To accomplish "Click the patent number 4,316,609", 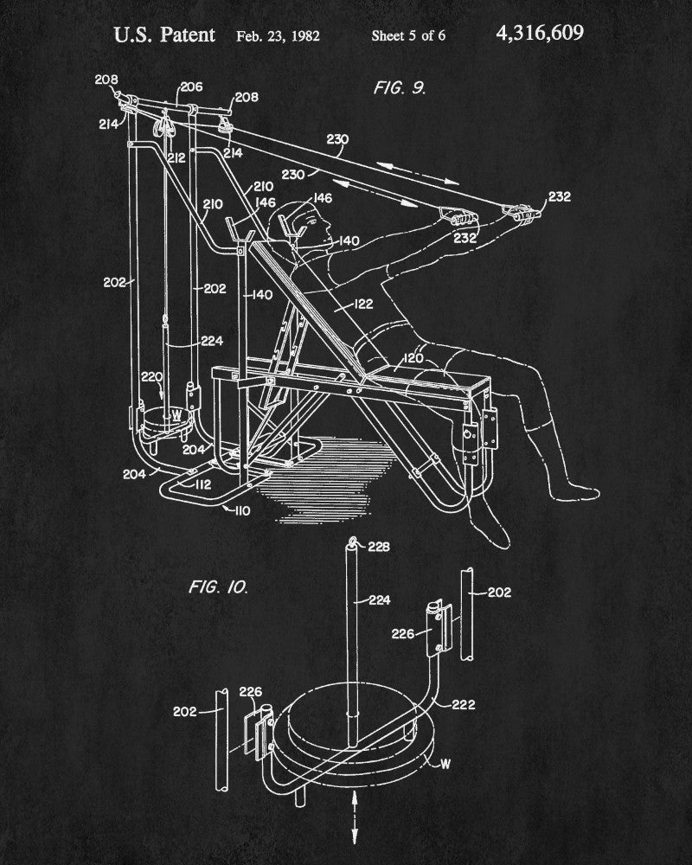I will coord(540,34).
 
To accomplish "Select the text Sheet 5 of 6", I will coord(408,36).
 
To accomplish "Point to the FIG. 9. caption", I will coord(400,87).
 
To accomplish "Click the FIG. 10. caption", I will coord(219,587).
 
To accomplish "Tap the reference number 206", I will coord(190,87).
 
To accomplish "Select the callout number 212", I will coord(176,157).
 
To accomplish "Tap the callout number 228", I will coord(379,546).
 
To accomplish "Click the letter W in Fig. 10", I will coord(445,764).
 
